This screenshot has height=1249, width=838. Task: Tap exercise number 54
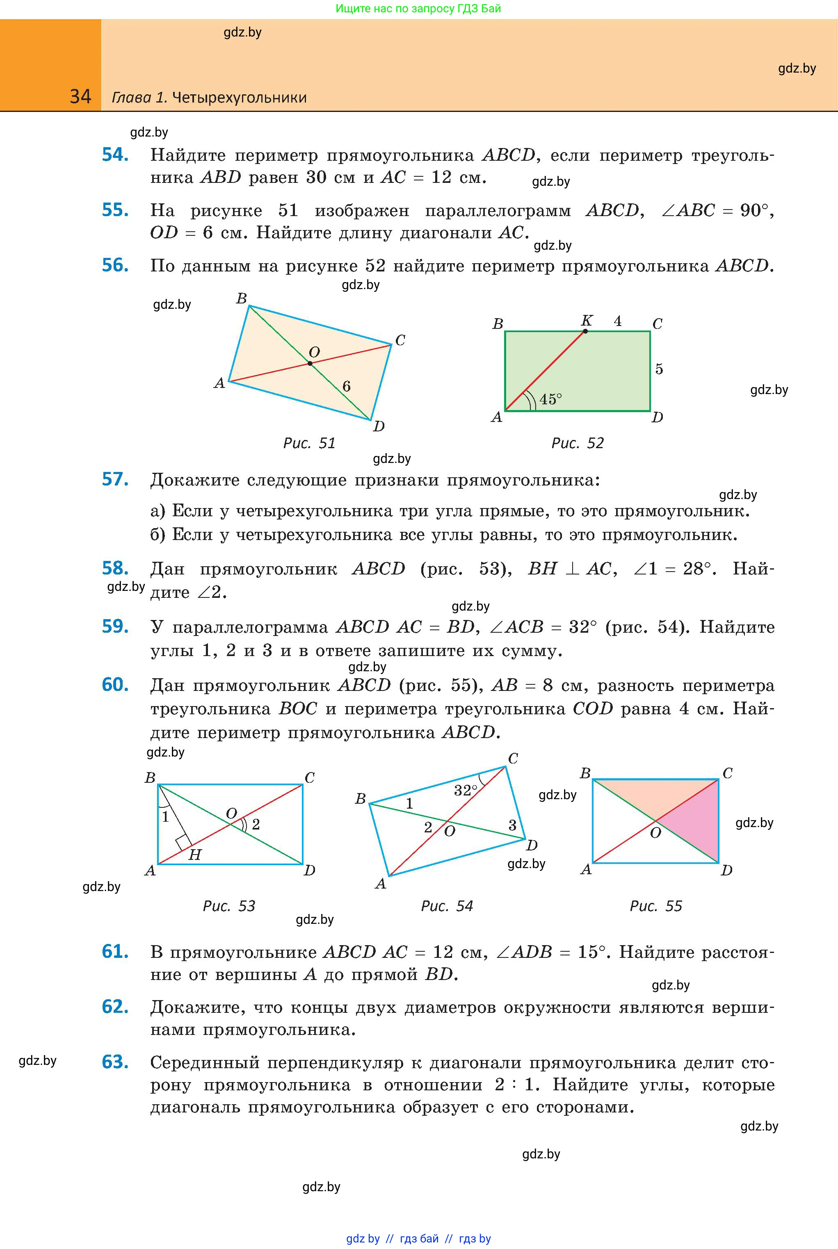coord(115,155)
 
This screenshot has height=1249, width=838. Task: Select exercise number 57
coord(115,479)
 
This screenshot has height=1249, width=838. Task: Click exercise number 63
coord(115,1062)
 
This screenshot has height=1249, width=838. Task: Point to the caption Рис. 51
coord(309,443)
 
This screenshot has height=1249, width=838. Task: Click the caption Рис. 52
coord(577,443)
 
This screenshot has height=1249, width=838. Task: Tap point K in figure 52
coord(585,331)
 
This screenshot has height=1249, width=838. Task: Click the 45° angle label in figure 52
coord(550,399)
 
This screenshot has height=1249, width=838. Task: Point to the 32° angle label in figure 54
coord(465,790)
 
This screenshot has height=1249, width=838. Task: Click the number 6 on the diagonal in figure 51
coord(346,386)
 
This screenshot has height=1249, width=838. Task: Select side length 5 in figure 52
coord(659,369)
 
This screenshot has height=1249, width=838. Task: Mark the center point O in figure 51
coord(310,363)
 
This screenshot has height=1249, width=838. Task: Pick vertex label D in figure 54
coord(531,845)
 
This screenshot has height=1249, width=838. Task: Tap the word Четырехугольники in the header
coord(240,97)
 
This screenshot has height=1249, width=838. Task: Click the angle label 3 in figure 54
coord(512,825)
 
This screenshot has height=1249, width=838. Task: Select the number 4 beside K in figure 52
coord(618,321)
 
